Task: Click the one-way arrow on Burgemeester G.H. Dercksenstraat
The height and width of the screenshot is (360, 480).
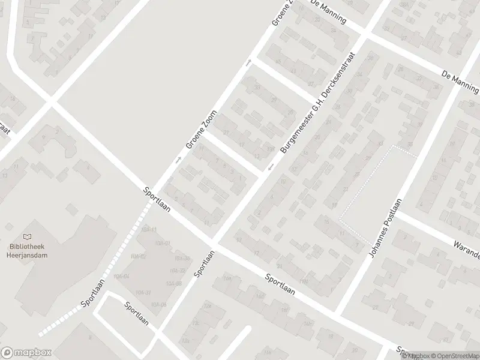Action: (271, 166)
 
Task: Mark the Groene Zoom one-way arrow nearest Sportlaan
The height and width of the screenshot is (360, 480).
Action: (178, 160)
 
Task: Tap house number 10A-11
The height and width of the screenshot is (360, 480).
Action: (150, 229)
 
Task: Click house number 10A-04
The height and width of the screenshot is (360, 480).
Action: (122, 276)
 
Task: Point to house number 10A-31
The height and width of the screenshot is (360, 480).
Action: (143, 292)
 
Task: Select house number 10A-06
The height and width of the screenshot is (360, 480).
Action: (160, 305)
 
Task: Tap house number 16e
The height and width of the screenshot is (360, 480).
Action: (260, 295)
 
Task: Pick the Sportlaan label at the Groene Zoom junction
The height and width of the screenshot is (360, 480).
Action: (158, 199)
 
